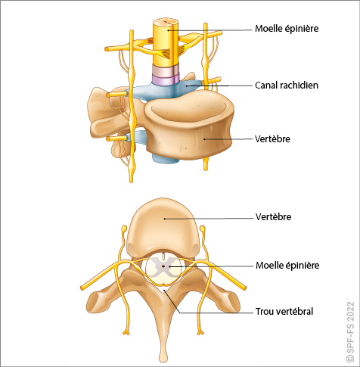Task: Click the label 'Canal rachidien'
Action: click(x=287, y=86)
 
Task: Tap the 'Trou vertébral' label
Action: click(x=284, y=312)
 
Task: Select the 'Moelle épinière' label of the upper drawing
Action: click(x=287, y=29)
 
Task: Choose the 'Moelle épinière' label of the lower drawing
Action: click(x=287, y=266)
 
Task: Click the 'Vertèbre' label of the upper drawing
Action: click(x=272, y=138)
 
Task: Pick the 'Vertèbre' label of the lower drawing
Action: click(x=274, y=216)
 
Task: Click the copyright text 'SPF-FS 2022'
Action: click(x=350, y=331)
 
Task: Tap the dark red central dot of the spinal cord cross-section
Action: click(x=163, y=266)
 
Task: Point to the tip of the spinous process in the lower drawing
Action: click(x=163, y=357)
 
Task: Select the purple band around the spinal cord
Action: click(x=166, y=79)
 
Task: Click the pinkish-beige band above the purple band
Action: click(x=166, y=70)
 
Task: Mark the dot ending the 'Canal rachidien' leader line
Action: click(x=187, y=86)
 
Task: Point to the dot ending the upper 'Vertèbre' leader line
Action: click(x=204, y=139)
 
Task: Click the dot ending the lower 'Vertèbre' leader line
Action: click(x=165, y=219)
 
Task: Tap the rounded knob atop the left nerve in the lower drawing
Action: click(x=124, y=229)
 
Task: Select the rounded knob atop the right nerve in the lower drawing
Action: click(x=202, y=229)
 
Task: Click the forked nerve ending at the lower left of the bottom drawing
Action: click(x=126, y=331)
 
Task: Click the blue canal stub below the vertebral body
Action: click(x=165, y=159)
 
